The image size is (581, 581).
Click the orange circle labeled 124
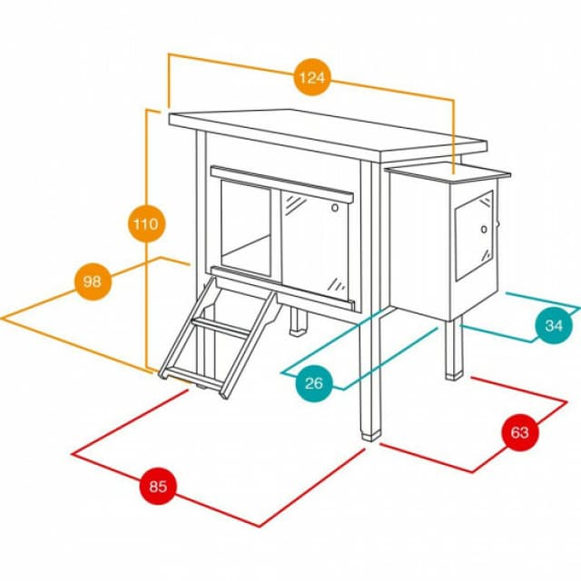[x=312, y=77]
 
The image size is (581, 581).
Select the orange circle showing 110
[x=146, y=224]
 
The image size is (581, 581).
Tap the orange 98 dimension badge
[x=93, y=281]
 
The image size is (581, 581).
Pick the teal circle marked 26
[x=314, y=383]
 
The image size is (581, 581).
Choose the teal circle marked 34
[x=554, y=325]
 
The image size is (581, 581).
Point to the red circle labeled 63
[x=520, y=432]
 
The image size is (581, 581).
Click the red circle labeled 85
[x=158, y=486]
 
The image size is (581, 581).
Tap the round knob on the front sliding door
[x=335, y=208]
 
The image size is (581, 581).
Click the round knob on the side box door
[x=484, y=230]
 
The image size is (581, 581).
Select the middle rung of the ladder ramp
[x=220, y=328]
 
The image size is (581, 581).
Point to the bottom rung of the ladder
[x=192, y=378]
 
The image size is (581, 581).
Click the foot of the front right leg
[x=371, y=436]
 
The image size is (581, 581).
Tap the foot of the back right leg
[x=454, y=375]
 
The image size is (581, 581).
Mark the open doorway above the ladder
[x=245, y=228]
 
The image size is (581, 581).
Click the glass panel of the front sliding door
[x=315, y=244]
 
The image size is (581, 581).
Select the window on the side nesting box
[x=474, y=236]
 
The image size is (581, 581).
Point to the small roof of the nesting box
[x=448, y=172]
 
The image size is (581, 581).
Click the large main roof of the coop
[x=328, y=134]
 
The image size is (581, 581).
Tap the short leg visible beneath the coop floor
[x=299, y=321]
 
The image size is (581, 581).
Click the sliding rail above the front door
[x=281, y=184]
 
